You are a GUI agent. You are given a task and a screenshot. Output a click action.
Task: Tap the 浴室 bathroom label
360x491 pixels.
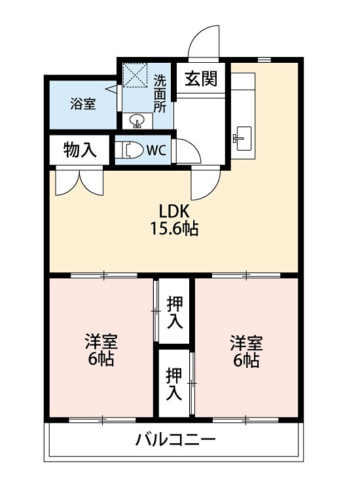(84, 104)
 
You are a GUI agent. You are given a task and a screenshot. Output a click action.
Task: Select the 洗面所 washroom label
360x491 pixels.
(160, 93)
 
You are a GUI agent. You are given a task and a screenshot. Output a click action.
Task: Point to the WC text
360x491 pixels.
(156, 150)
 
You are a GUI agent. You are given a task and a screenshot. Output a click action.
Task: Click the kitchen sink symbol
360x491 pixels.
(242, 136)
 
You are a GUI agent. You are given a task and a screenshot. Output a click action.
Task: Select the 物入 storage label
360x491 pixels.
(80, 150)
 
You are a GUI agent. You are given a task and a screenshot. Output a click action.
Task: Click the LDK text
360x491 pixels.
(173, 211)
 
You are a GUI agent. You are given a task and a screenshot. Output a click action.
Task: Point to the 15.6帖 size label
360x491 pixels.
(173, 229)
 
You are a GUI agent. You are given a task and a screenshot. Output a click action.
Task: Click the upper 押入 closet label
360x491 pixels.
(174, 312)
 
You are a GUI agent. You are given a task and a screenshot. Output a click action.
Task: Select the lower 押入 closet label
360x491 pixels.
(174, 384)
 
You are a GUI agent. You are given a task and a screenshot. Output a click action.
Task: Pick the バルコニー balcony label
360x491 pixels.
(175, 439)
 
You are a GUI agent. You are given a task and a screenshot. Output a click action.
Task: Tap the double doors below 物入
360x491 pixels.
(80, 182)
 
